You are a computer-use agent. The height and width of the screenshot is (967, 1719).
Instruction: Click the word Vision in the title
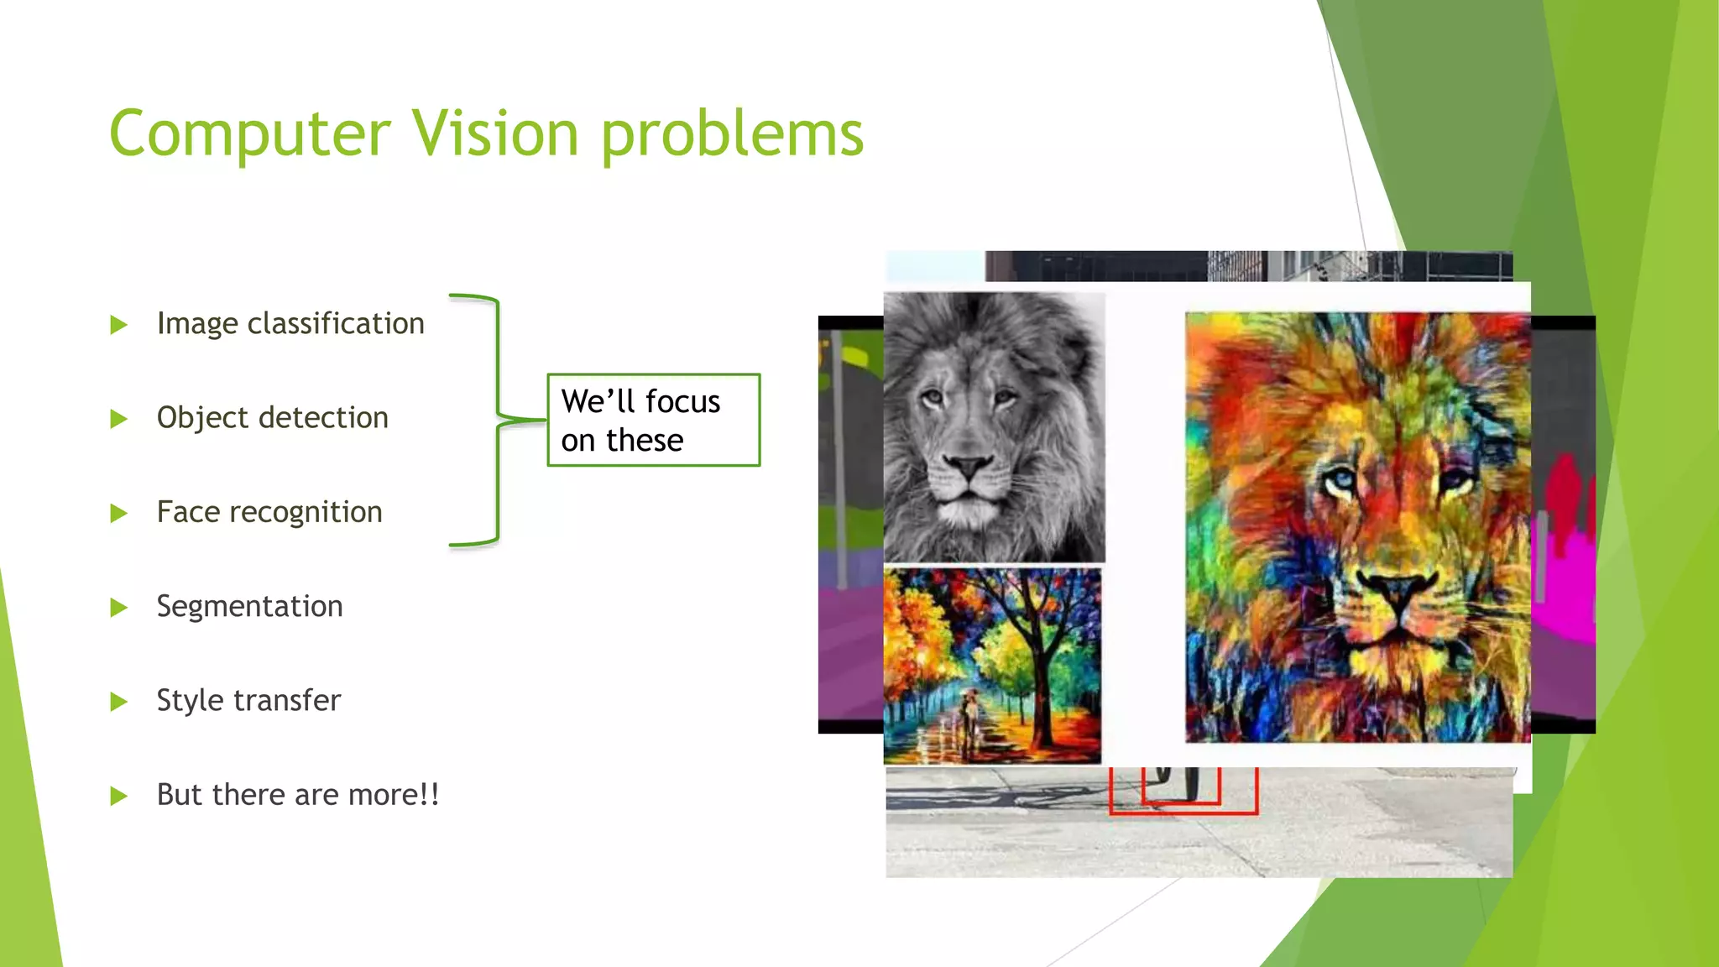tap(494, 134)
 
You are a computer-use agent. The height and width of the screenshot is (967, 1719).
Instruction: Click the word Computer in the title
tap(249, 134)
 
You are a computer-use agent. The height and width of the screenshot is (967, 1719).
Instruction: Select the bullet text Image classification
tap(290, 324)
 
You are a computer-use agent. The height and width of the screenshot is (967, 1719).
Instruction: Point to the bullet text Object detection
tap(272, 418)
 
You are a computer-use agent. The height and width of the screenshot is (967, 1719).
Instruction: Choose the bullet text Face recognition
tap(269, 512)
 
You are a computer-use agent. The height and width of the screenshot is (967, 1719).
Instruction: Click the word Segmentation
tap(249, 606)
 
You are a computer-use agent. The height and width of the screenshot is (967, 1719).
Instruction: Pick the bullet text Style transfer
tap(248, 700)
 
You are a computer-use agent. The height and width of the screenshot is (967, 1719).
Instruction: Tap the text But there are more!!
tap(298, 795)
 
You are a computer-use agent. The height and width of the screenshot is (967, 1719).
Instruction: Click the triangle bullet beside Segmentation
tap(118, 607)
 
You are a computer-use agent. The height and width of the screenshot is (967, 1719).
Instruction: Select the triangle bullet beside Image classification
tap(118, 325)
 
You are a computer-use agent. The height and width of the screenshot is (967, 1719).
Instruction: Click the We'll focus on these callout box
tap(653, 420)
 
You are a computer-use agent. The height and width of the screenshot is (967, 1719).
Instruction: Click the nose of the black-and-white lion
tap(968, 465)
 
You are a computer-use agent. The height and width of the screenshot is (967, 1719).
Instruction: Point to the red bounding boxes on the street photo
tap(1183, 793)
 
